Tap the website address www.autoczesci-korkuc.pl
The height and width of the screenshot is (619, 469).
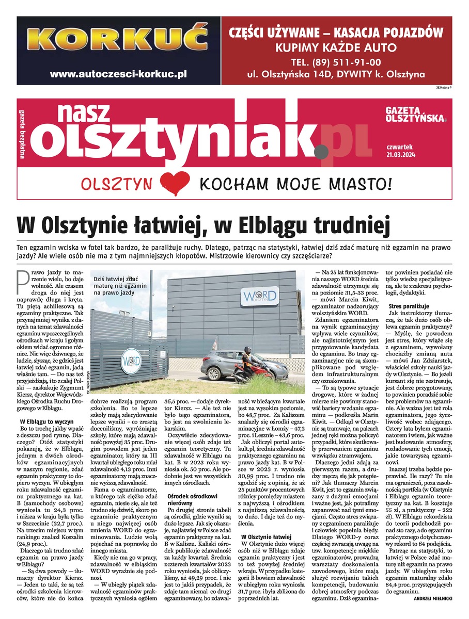click(x=118, y=74)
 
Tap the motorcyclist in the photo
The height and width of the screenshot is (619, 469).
click(x=247, y=362)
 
